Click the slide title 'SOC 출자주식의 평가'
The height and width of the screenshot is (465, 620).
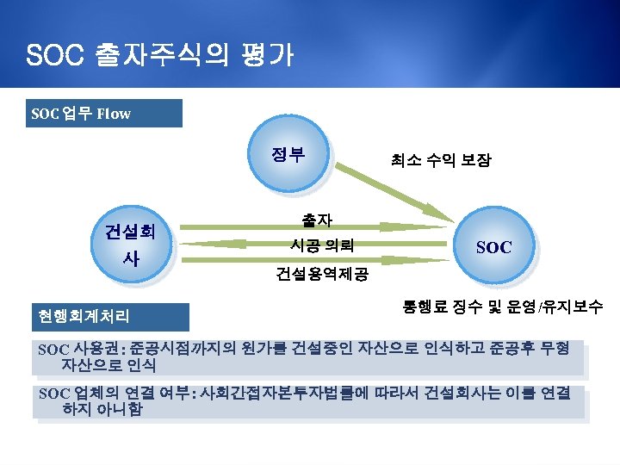(x=160, y=57)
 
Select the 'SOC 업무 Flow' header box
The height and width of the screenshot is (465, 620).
(x=104, y=114)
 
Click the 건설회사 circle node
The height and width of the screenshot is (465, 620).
(x=131, y=245)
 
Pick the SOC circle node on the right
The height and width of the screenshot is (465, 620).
(x=493, y=248)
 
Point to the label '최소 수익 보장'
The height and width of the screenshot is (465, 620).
(x=440, y=159)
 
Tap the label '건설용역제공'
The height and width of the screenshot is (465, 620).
(x=322, y=275)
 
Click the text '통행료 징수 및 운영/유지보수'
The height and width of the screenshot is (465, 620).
(x=503, y=307)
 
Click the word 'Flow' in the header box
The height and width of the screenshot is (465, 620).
(x=114, y=114)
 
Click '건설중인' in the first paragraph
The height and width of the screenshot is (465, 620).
(x=332, y=349)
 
